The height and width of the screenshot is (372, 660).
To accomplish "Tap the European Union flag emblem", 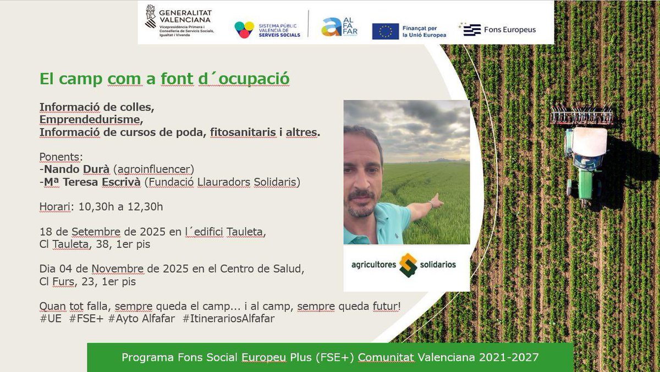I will click(x=385, y=31).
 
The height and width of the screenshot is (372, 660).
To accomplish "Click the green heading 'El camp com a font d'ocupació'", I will click(x=164, y=79).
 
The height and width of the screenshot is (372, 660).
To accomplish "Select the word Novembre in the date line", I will click(x=119, y=270).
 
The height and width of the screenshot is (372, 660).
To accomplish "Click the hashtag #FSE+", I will click(x=86, y=319).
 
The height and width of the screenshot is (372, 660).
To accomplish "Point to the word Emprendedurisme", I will click(x=90, y=119).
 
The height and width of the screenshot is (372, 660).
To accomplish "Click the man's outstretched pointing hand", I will click(x=436, y=200).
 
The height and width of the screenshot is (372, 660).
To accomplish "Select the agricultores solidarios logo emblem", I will click(x=408, y=265).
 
